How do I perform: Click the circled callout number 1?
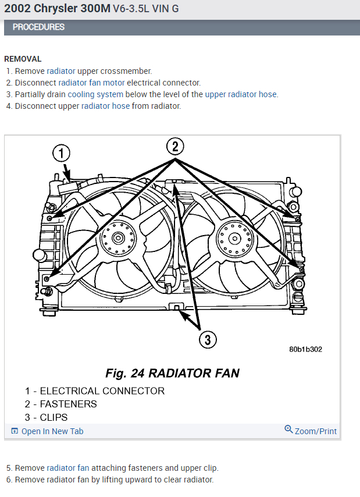pos(61,154)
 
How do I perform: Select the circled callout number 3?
pos(208,339)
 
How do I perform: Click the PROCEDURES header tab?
pos(38,27)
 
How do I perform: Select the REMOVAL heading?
pos(23,59)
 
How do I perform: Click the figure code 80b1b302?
pos(305,350)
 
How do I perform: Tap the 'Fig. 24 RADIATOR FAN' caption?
pos(172,373)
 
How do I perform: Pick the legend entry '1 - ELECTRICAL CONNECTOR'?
pos(95,391)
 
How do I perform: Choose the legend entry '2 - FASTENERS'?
pos(61,404)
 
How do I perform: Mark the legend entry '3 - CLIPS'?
pos(47,417)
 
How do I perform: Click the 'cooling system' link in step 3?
pos(95,94)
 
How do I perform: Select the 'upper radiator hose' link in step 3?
pos(241,94)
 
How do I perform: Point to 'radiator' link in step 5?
pos(61,468)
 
